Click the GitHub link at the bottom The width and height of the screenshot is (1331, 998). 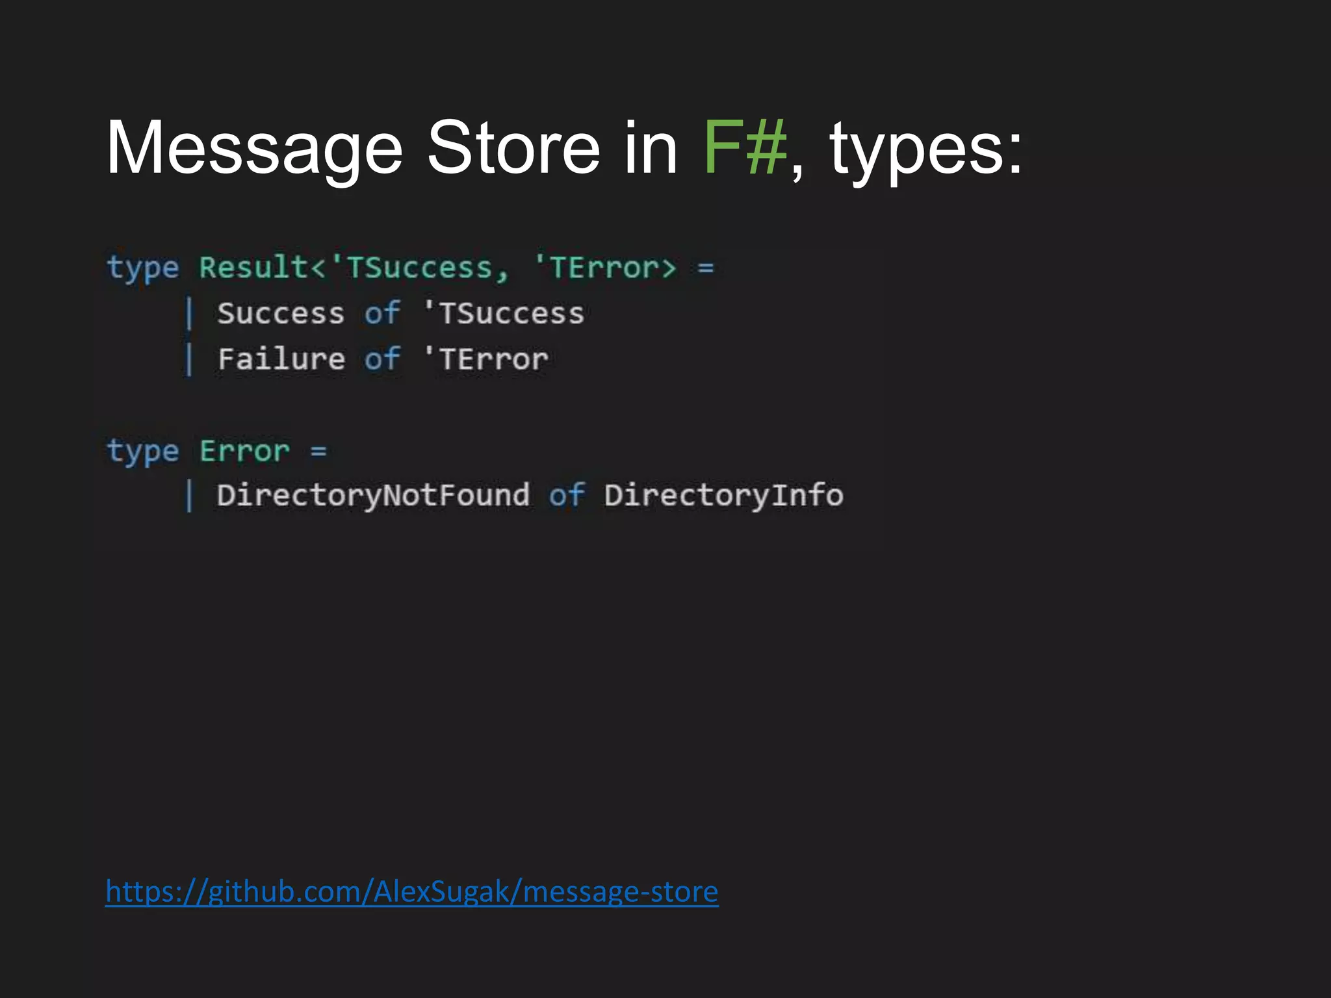tap(411, 891)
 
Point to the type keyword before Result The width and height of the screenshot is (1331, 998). tap(143, 268)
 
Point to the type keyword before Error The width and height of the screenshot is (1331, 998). tap(143, 452)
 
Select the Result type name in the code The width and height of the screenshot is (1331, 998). tap(253, 267)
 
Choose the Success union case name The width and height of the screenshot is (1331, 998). tap(281, 314)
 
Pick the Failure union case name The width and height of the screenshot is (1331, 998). tap(281, 359)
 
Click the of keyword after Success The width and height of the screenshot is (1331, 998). tap(382, 314)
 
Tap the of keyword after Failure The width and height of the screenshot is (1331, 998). tap(382, 359)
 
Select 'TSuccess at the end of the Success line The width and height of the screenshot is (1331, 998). tap(504, 314)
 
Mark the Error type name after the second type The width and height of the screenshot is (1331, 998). tap(244, 452)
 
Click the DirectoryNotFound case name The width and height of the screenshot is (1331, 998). tap(373, 496)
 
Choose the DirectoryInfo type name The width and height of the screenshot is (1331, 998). tap(723, 496)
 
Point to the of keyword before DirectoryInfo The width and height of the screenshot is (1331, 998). tap(567, 496)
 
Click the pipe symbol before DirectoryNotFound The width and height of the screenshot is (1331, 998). tap(189, 496)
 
